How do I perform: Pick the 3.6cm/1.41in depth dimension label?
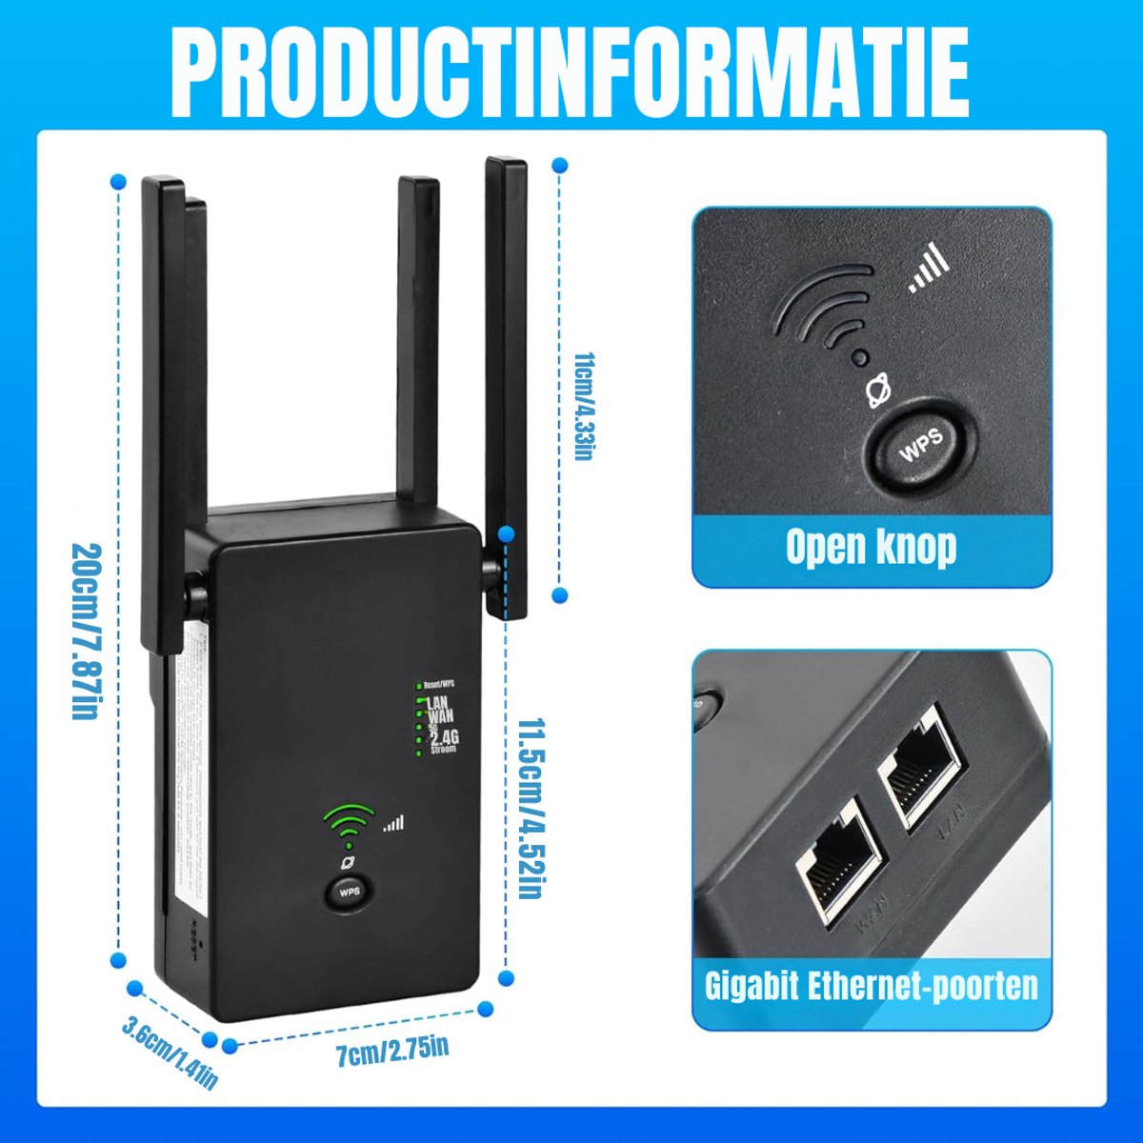pos(170,1053)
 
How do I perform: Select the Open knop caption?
pos(871,548)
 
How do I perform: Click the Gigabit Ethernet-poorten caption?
pos(871,985)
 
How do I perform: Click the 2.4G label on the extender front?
pos(444,736)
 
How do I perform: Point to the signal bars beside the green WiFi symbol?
pos(393,823)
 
